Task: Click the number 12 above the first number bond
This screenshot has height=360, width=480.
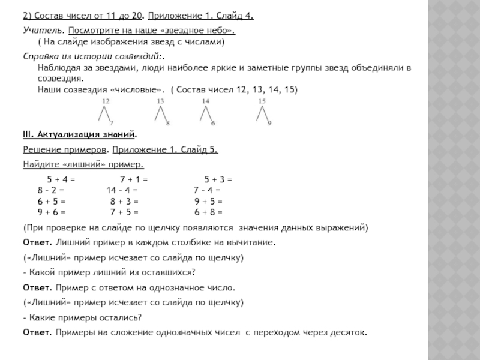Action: (x=106, y=101)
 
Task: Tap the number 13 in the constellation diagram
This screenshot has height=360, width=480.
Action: (x=160, y=101)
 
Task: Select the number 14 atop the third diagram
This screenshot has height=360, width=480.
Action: (x=205, y=101)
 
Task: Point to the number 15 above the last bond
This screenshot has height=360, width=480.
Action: (x=262, y=101)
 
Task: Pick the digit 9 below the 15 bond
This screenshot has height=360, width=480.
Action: (x=269, y=123)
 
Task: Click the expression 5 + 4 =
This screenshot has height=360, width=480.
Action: (x=61, y=179)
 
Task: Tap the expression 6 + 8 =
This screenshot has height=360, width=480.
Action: (x=208, y=212)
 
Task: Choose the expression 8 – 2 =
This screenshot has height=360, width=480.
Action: (x=51, y=190)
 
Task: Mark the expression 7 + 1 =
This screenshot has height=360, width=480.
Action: (x=134, y=179)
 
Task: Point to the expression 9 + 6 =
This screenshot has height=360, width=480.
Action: (x=52, y=212)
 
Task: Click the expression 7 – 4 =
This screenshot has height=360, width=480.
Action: (x=208, y=190)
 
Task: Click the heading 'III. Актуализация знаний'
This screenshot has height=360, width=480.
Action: (x=79, y=134)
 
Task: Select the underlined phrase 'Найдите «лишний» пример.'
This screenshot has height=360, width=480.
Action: (x=83, y=164)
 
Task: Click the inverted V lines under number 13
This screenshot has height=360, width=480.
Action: (x=160, y=113)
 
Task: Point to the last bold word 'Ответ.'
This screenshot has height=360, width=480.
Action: (x=37, y=332)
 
